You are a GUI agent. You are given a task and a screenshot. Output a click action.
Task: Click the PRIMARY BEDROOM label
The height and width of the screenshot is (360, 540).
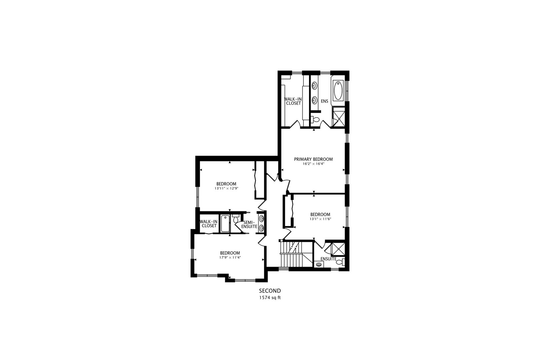point(313,159)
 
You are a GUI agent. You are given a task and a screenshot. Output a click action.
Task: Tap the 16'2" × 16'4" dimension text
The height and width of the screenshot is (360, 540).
point(313,164)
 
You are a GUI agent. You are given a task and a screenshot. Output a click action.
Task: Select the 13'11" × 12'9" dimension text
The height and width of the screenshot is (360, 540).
point(226,188)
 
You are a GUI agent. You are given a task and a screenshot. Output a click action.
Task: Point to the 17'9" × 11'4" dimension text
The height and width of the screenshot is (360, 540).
point(230,257)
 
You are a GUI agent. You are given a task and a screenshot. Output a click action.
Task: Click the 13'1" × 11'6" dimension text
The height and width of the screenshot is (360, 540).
point(320,219)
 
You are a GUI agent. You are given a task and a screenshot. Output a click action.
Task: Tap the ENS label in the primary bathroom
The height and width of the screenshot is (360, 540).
point(324,101)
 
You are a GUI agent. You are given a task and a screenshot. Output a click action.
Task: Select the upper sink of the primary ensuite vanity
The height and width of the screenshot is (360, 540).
point(314,86)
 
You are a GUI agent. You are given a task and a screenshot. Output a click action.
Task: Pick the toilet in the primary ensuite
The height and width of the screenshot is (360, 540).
point(315,119)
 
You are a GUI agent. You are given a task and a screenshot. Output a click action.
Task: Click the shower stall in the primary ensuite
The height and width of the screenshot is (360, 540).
point(338,116)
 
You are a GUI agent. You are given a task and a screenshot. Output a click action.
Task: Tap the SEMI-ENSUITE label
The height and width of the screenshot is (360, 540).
point(249,224)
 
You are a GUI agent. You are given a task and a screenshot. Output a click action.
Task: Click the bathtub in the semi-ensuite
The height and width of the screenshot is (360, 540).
point(225,224)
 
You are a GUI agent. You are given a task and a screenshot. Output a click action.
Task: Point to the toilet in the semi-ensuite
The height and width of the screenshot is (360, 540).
point(235,219)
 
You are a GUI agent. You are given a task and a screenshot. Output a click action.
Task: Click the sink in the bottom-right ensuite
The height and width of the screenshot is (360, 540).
point(319,265)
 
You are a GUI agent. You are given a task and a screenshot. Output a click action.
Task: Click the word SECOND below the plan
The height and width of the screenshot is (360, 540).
point(270,291)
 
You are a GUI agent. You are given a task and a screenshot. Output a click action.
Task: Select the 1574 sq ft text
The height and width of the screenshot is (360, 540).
point(270,298)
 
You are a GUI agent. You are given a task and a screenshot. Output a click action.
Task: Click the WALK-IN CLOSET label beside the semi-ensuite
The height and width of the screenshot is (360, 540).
point(209,224)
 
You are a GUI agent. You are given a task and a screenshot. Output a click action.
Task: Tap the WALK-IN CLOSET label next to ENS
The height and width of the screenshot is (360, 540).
point(292,101)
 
